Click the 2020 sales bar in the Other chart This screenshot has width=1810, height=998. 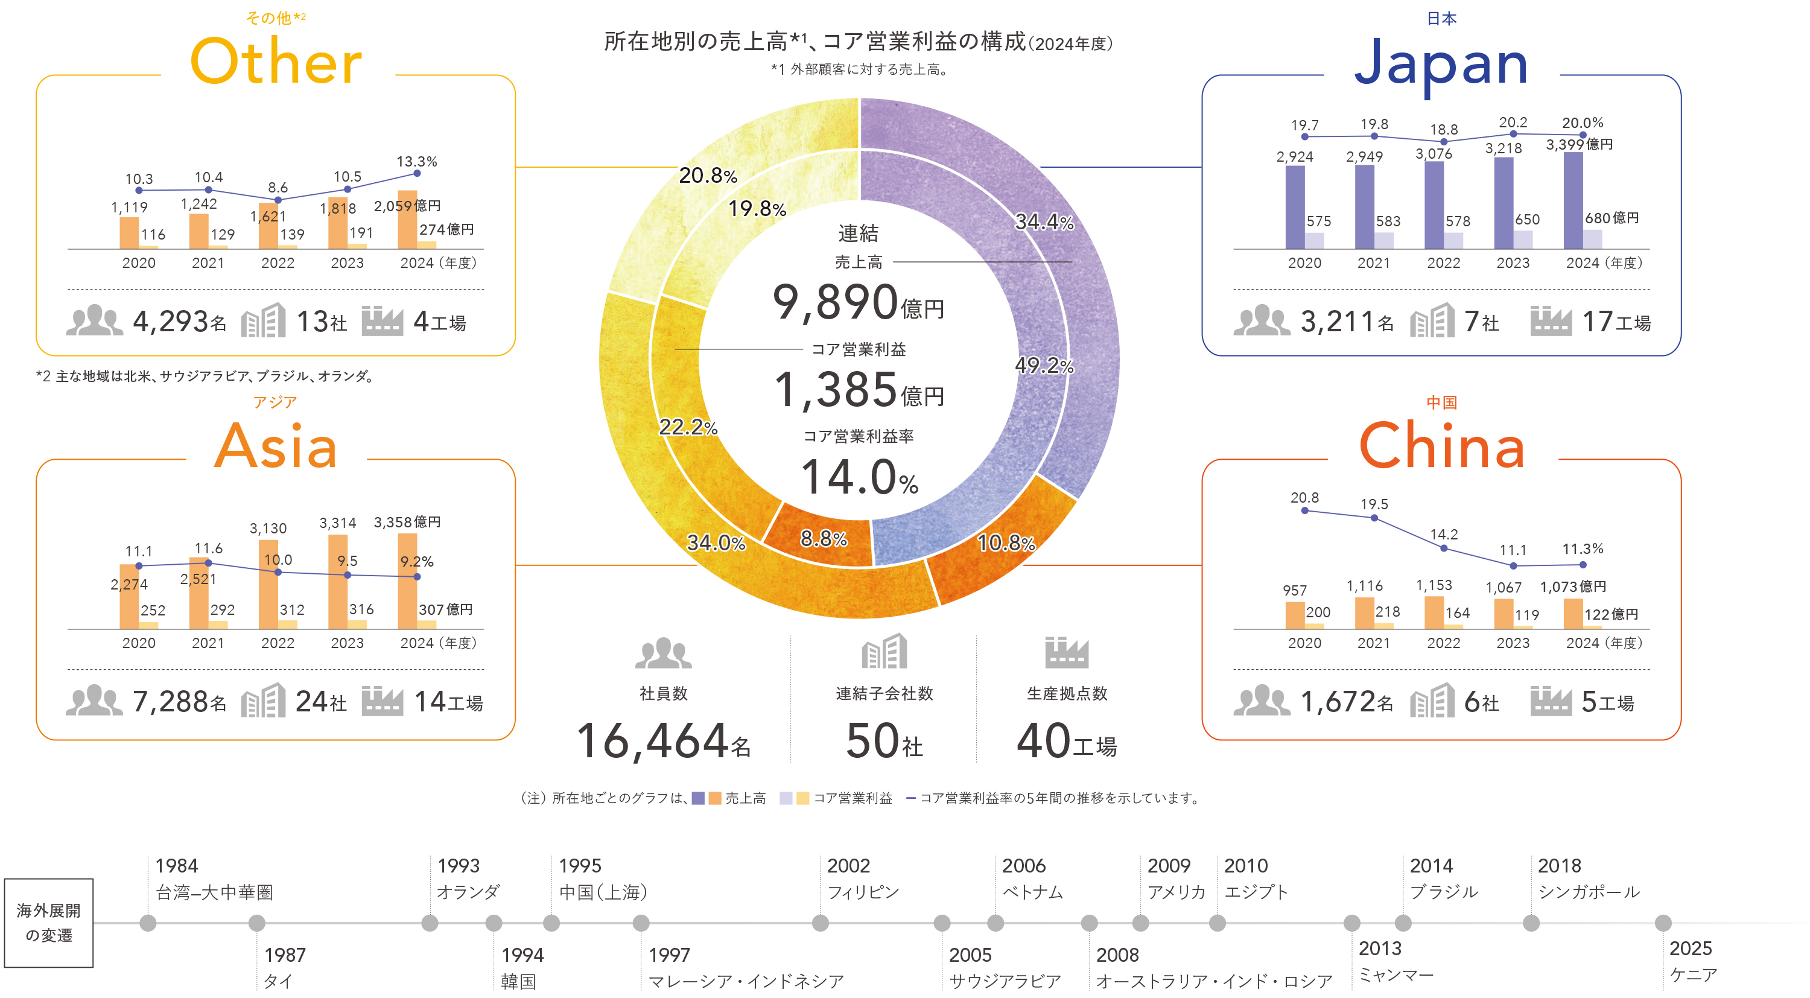point(129,233)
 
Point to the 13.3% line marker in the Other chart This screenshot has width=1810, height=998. point(417,173)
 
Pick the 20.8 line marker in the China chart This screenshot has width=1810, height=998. point(1305,511)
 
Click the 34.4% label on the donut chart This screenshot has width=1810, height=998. point(1044,223)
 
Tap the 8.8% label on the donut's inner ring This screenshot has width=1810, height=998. point(824,539)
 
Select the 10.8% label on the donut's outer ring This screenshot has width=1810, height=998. point(1006,542)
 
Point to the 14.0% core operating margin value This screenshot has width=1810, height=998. point(859,478)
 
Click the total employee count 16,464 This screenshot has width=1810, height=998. point(652,742)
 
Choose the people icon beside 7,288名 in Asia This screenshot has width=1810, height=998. point(94,700)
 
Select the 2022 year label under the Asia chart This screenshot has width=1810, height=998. point(278,643)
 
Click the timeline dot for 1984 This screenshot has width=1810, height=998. point(148,923)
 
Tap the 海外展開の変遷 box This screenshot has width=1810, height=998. point(48,923)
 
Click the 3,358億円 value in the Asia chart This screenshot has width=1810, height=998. point(407,522)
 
